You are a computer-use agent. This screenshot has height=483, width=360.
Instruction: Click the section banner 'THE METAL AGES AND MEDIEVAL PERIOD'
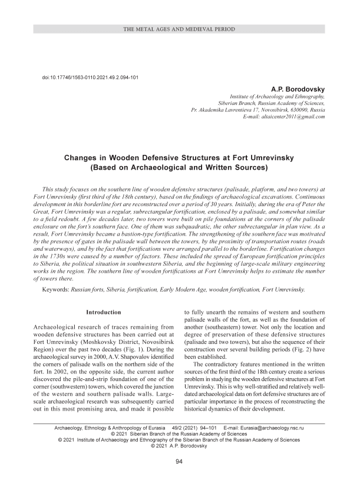(x=180, y=29)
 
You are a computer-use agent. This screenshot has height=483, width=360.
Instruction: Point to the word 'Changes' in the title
(x=82, y=158)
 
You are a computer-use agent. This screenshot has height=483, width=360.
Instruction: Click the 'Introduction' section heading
(x=104, y=312)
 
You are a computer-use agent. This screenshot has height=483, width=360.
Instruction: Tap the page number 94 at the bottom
(x=180, y=462)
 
